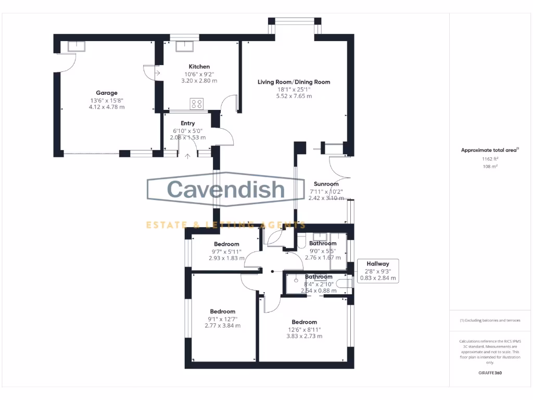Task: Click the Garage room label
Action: point(106,93)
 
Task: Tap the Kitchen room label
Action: point(199,67)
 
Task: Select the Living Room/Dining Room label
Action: point(294,82)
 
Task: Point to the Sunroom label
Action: point(326,184)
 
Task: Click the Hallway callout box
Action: point(378,271)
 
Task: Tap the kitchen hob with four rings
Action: point(197,104)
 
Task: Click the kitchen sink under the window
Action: point(184,46)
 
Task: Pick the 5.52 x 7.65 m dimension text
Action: point(294,96)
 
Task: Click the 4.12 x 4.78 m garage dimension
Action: point(106,107)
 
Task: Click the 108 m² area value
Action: point(490,167)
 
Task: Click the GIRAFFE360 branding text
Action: point(490,373)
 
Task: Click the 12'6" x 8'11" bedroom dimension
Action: point(304,329)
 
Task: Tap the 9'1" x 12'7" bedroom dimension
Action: point(223,319)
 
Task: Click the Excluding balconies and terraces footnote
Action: point(490,320)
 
